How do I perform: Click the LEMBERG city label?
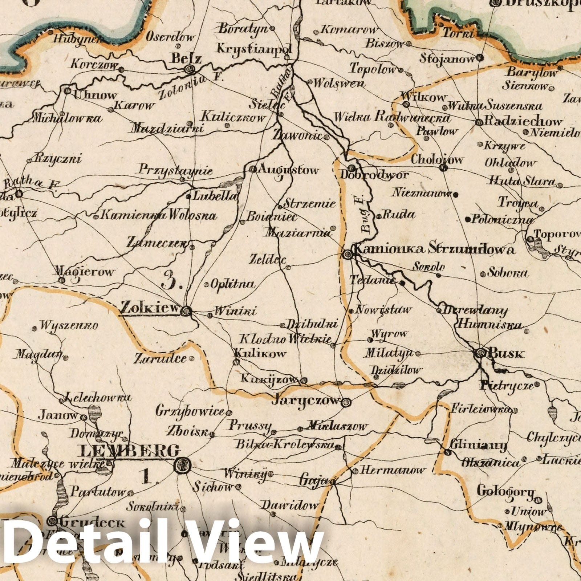pyautogui.click(x=129, y=451)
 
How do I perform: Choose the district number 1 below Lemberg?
pyautogui.click(x=147, y=476)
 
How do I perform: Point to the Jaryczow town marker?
pyautogui.click(x=346, y=402)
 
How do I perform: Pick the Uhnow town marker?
pyautogui.click(x=68, y=91)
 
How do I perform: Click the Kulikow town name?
pyautogui.click(x=260, y=353)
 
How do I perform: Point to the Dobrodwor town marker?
pyautogui.click(x=352, y=168)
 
